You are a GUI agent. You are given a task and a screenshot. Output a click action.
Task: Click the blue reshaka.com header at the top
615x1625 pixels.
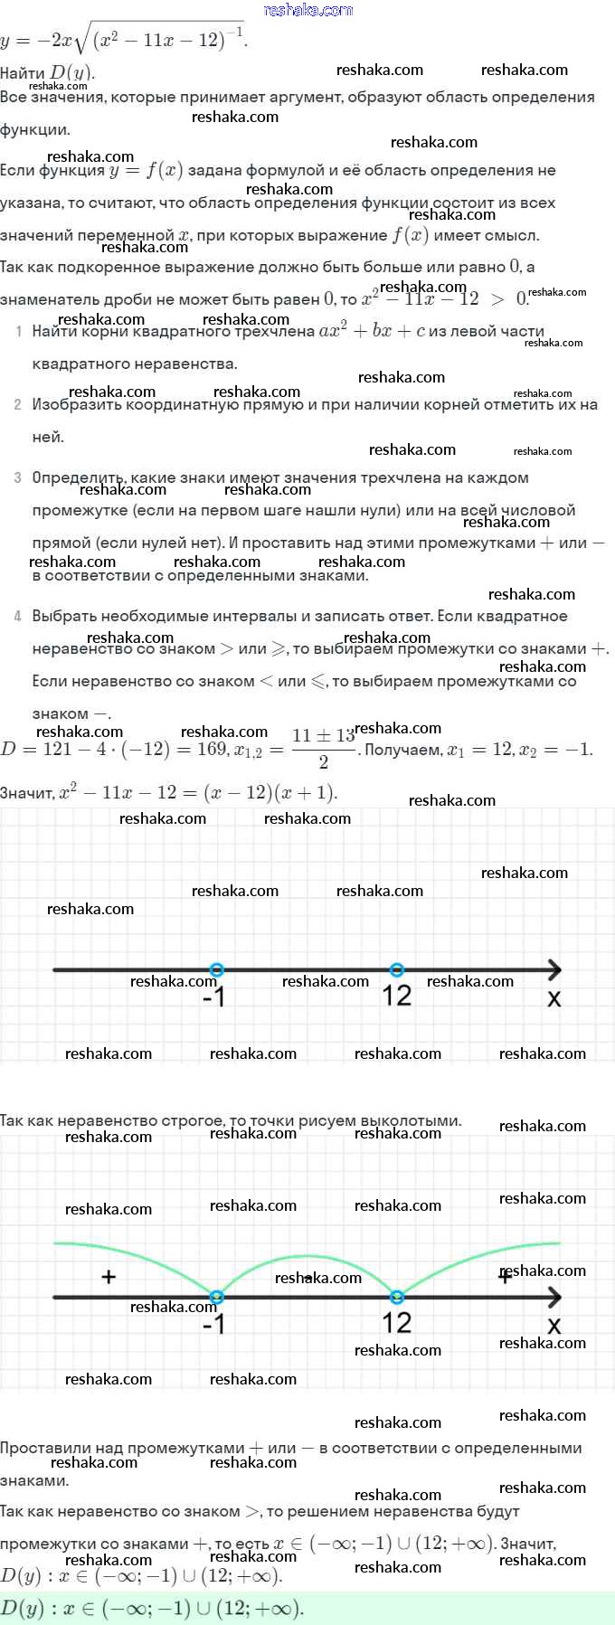(308, 10)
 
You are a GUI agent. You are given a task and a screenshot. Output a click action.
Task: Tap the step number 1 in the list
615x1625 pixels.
(18, 332)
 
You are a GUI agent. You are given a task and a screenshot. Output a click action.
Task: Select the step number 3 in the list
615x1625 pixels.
(18, 477)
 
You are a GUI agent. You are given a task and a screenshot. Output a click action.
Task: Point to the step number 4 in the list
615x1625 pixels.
(18, 617)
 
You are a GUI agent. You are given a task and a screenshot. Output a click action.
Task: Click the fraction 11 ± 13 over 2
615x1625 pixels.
(323, 749)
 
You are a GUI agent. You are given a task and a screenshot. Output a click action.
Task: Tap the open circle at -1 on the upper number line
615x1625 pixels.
(215, 969)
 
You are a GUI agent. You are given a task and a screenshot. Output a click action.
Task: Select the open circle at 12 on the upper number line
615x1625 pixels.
(396, 969)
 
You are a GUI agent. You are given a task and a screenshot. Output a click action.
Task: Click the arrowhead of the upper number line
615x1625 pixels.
(554, 969)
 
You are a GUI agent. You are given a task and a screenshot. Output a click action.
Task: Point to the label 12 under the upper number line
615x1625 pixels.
(397, 996)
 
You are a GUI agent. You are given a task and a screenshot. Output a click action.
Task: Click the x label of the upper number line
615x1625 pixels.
(554, 998)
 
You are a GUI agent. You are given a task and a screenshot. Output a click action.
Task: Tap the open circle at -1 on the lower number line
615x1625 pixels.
(215, 1297)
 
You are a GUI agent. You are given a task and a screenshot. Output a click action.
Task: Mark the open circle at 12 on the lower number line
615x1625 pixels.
(396, 1297)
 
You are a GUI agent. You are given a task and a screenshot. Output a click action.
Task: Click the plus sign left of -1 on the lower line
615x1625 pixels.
(109, 1277)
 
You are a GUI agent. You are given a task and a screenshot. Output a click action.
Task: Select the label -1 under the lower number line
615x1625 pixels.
(213, 1325)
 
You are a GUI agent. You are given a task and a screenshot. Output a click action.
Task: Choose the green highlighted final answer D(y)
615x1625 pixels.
(152, 1607)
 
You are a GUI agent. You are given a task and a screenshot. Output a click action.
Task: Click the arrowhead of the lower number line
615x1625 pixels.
(554, 1297)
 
